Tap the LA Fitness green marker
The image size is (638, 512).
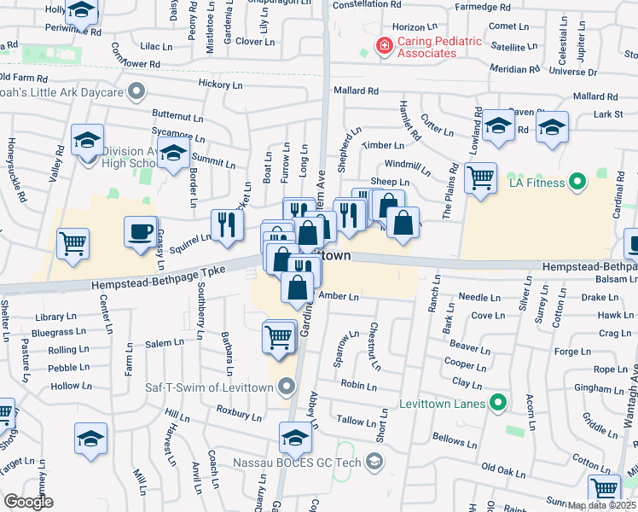click(x=577, y=182)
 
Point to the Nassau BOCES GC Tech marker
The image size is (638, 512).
click(x=373, y=463)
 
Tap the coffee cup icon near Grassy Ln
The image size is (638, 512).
click(x=140, y=232)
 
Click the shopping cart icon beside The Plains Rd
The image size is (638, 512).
click(x=481, y=178)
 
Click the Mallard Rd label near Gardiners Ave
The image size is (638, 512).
click(x=357, y=91)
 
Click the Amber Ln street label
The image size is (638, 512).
click(x=338, y=295)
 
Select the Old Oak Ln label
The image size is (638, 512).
click(x=503, y=468)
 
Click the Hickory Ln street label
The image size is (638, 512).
click(x=220, y=84)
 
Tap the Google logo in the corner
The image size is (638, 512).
click(x=29, y=501)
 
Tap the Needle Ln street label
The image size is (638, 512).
click(x=478, y=297)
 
